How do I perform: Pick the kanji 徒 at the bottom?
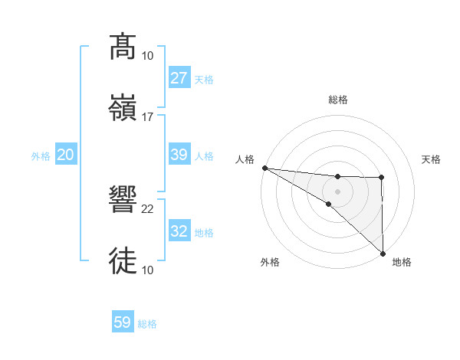tap(123, 260)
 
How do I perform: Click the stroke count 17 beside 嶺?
tap(148, 116)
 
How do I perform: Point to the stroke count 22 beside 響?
tap(148, 208)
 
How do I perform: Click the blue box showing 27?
tap(179, 78)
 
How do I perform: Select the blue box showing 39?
tap(179, 155)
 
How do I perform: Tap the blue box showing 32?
tap(179, 231)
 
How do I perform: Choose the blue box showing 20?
tap(65, 155)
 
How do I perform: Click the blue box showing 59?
tap(123, 322)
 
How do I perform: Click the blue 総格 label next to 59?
tap(147, 324)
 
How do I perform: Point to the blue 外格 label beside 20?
tap(41, 156)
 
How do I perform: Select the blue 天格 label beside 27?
tap(204, 80)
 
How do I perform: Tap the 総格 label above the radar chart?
tap(338, 100)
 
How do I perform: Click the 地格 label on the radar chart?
tap(402, 262)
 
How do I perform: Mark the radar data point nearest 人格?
tap(264, 168)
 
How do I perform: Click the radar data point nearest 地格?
tap(382, 253)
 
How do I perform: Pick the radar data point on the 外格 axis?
tap(328, 204)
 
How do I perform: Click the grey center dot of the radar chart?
tap(337, 190)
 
